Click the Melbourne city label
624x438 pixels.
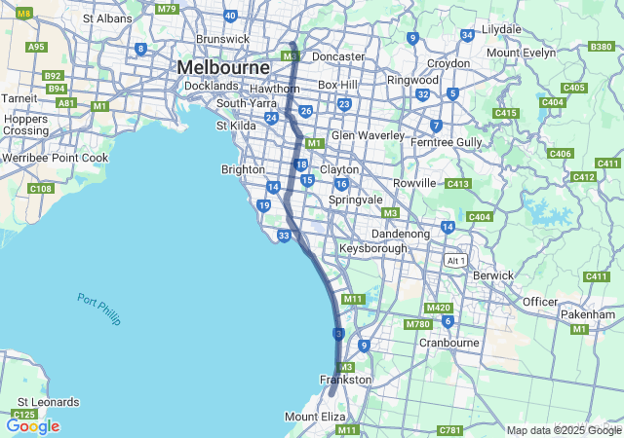pyautogui.click(x=222, y=67)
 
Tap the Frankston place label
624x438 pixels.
pyautogui.click(x=345, y=380)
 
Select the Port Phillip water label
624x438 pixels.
pyautogui.click(x=98, y=309)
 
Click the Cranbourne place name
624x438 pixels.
pyautogui.click(x=448, y=343)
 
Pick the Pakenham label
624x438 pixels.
pyautogui.click(x=588, y=314)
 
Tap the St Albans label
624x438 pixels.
pyautogui.click(x=107, y=18)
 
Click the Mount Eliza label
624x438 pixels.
pyautogui.click(x=315, y=417)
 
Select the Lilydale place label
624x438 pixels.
pyautogui.click(x=501, y=29)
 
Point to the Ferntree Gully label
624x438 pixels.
pyautogui.click(x=447, y=142)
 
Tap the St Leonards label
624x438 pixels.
pyautogui.click(x=48, y=402)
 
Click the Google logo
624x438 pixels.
pyautogui.click(x=33, y=426)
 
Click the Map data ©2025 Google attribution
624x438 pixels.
pyautogui.click(x=564, y=430)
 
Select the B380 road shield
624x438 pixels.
pyautogui.click(x=602, y=47)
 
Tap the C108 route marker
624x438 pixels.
pyautogui.click(x=41, y=188)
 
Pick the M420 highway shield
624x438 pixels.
pyautogui.click(x=439, y=308)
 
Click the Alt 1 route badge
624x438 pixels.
pyautogui.click(x=455, y=261)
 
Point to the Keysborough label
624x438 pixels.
pyautogui.click(x=373, y=249)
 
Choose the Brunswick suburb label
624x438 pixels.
pyautogui.click(x=223, y=39)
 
